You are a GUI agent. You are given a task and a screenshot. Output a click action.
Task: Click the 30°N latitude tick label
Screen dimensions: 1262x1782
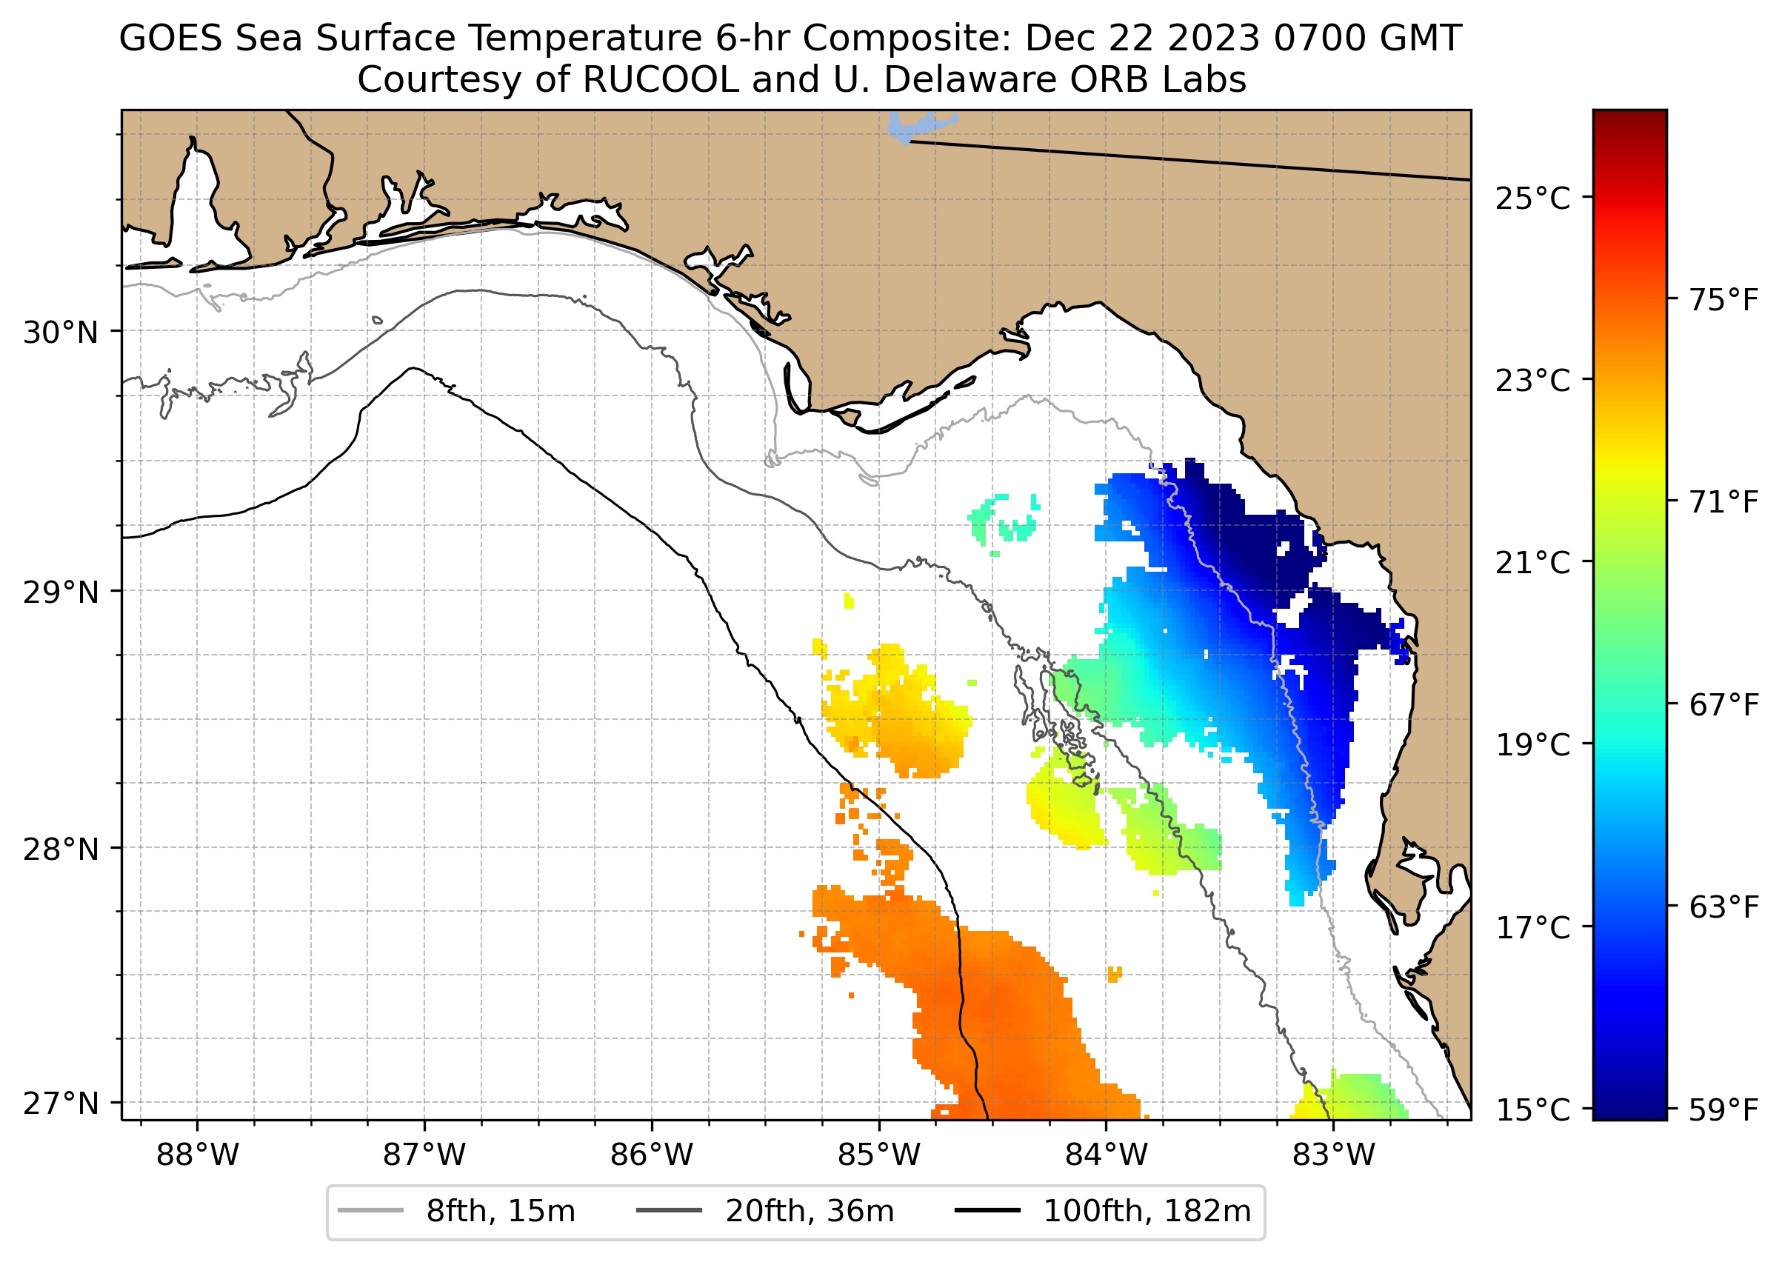coord(61,333)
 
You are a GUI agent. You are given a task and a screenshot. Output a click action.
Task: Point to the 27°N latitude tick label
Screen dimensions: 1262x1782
coord(61,1104)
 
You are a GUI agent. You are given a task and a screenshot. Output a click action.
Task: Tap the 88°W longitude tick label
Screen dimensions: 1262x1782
coord(198,1155)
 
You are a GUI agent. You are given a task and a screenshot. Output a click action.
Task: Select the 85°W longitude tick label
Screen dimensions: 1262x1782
coord(879,1155)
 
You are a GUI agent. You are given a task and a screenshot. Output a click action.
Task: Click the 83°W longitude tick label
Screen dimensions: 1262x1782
coord(1334,1155)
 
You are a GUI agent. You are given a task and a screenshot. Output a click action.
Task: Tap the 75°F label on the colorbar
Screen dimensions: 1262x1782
coord(1723,300)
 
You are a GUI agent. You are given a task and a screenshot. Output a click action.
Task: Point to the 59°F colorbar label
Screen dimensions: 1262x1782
coord(1723,1110)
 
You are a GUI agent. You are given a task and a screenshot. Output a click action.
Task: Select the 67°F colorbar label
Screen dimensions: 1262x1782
coord(1723,706)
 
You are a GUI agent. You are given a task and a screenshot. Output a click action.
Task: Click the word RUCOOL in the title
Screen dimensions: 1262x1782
coord(660,80)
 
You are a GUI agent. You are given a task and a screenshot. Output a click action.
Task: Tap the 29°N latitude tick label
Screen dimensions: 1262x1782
coord(61,593)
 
